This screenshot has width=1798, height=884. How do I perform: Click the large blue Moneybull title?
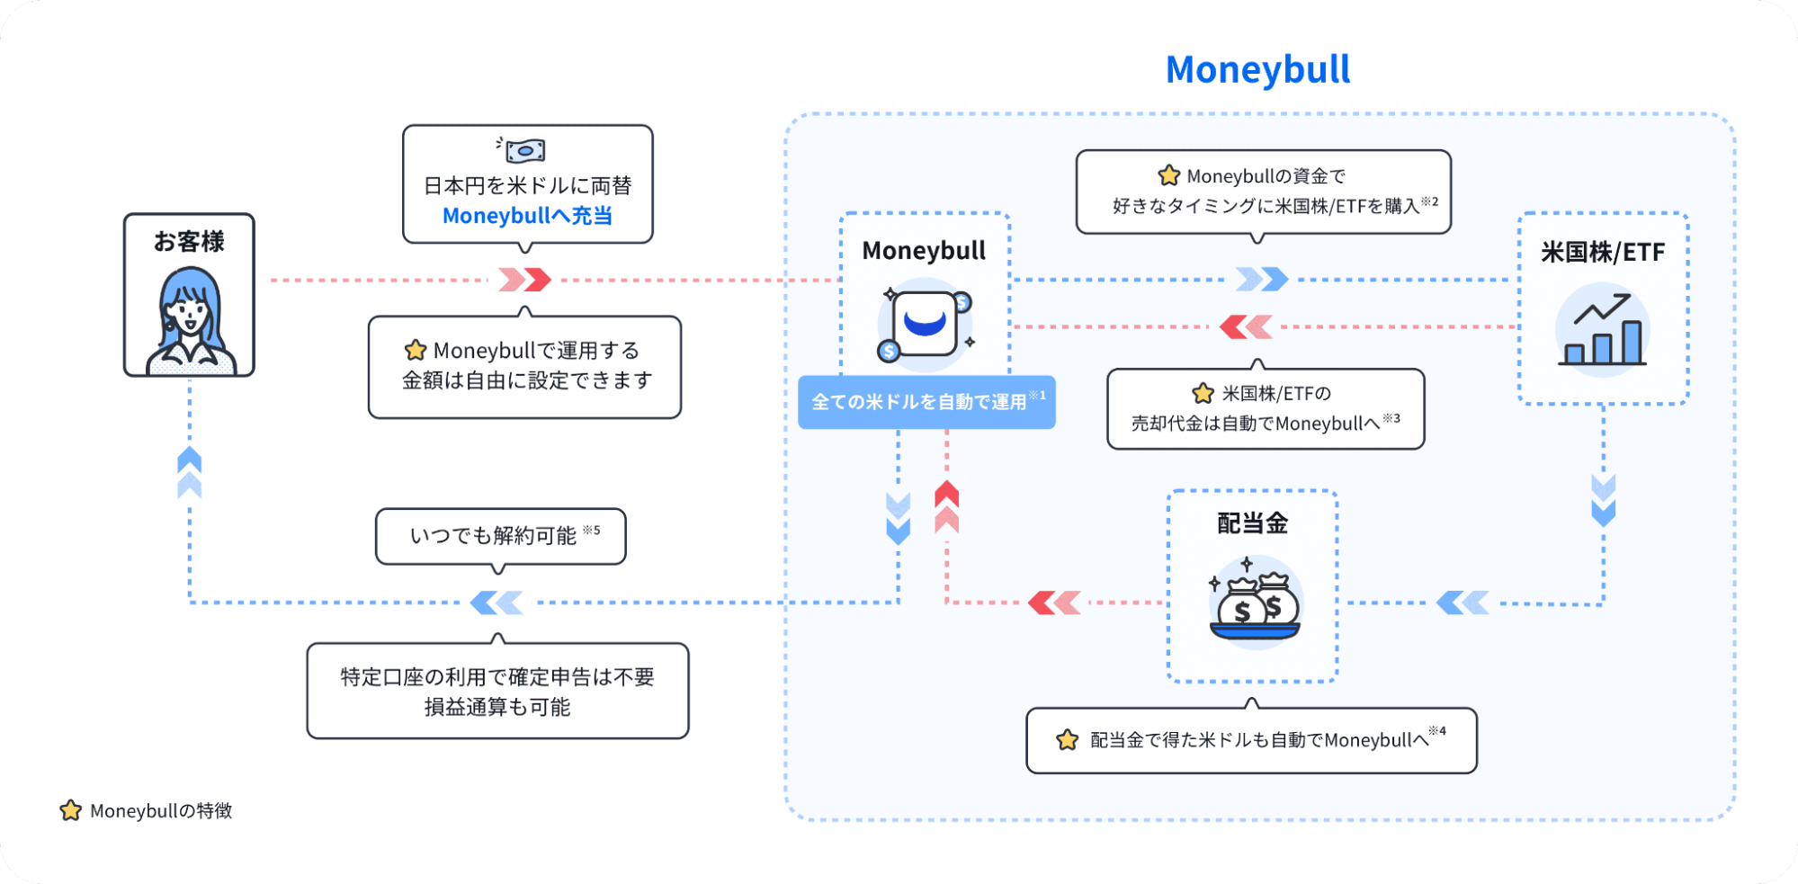point(1257,70)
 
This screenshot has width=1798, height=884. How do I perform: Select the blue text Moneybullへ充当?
point(527,216)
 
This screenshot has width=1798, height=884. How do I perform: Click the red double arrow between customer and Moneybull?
point(525,280)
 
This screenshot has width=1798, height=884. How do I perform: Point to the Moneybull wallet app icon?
point(925,325)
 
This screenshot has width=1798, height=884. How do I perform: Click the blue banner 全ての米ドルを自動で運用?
point(926,402)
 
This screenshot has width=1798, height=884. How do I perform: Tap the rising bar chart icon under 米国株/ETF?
point(1603,331)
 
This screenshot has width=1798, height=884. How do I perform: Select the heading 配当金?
point(1252,523)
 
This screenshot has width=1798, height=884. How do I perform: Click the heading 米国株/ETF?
point(1603,253)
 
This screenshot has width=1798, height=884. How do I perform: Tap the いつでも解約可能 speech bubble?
point(500,536)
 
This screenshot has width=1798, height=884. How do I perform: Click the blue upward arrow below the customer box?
point(190,472)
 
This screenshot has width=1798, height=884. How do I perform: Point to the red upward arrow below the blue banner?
point(946,507)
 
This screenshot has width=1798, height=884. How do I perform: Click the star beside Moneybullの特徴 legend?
point(70,810)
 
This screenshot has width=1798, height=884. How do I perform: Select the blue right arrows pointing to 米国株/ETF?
point(1261,280)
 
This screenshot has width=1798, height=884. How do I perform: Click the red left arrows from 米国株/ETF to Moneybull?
point(1246,326)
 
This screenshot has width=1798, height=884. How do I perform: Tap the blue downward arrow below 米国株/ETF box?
point(1603,500)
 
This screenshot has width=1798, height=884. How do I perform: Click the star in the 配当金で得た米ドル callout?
point(1068,740)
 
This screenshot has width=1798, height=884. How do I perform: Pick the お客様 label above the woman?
point(189,241)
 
